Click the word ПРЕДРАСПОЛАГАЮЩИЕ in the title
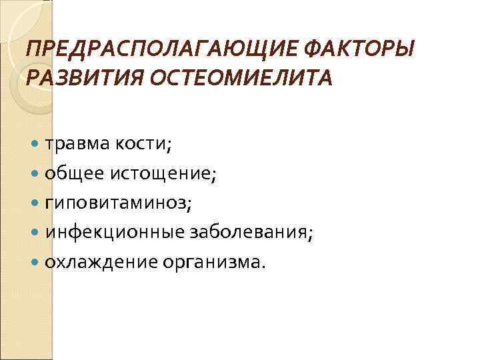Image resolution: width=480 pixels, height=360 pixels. coord(129,49)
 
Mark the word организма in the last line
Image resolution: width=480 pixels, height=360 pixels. coord(209,262)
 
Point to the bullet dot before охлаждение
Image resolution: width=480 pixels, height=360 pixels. coord(35,262)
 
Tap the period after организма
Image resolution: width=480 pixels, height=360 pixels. coord(263,267)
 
